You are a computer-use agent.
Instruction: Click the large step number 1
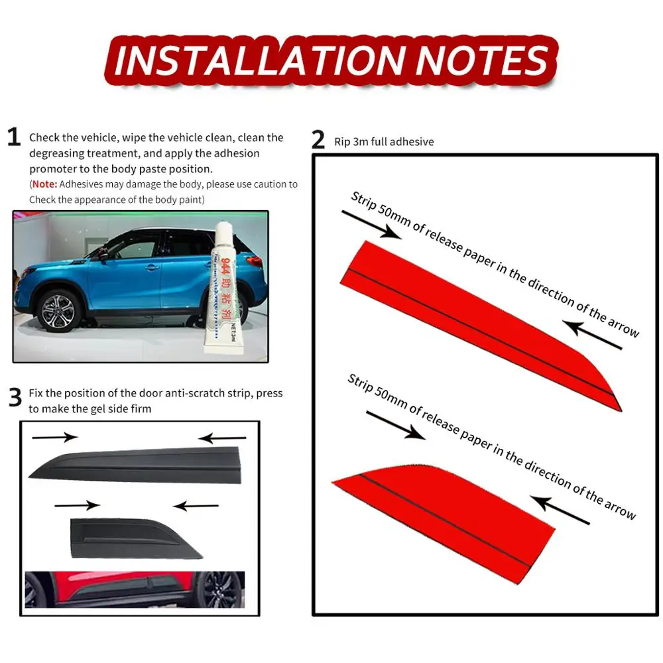pyautogui.click(x=14, y=137)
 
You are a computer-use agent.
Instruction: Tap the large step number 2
pyautogui.click(x=318, y=139)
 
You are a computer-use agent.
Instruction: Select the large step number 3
pyautogui.click(x=15, y=397)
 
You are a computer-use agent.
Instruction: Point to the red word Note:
pyautogui.click(x=44, y=184)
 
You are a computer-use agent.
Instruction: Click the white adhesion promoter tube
pyautogui.click(x=225, y=288)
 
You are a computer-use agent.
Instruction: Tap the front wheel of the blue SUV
pyautogui.click(x=58, y=311)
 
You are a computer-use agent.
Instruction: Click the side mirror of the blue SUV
pyautogui.click(x=103, y=254)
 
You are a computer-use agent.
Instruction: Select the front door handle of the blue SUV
pyautogui.click(x=151, y=267)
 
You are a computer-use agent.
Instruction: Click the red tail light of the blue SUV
pyautogui.click(x=255, y=261)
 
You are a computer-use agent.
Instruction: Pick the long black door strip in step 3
pyautogui.click(x=135, y=465)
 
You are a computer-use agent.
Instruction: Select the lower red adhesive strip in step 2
pyautogui.click(x=444, y=524)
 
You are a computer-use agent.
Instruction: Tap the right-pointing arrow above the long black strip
pyautogui.click(x=55, y=437)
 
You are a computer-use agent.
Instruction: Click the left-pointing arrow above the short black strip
pyautogui.click(x=196, y=506)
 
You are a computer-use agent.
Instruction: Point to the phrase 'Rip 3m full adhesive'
pyautogui.click(x=384, y=142)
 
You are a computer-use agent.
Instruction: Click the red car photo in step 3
pyautogui.click(x=135, y=590)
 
